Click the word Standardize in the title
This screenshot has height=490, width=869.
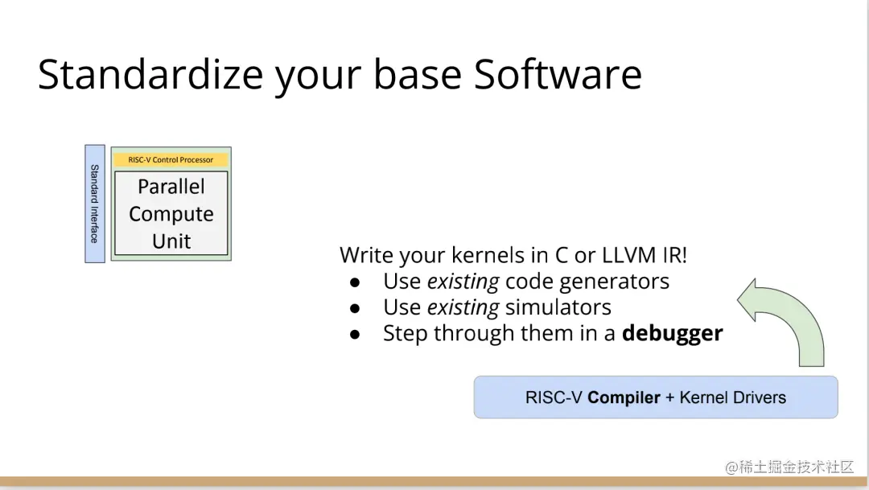(x=150, y=74)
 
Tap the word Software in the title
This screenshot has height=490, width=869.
(x=558, y=74)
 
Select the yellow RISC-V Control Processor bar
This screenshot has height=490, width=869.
(x=171, y=159)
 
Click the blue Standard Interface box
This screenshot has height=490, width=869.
(x=95, y=204)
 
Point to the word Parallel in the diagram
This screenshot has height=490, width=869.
(x=171, y=186)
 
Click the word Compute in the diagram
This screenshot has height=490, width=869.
(x=171, y=214)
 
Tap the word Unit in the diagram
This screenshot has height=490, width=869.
(x=171, y=241)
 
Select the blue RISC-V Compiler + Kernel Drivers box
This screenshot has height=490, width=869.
(x=656, y=397)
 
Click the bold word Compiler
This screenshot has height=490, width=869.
(x=624, y=397)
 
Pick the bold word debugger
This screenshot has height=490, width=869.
(x=672, y=333)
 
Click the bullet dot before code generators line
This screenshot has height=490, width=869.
(x=355, y=282)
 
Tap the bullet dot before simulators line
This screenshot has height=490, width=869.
(x=355, y=309)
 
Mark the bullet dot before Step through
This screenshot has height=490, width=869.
(x=355, y=335)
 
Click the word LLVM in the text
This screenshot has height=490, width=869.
(x=629, y=255)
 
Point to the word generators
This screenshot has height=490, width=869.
(x=614, y=282)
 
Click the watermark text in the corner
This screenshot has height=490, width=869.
(x=790, y=467)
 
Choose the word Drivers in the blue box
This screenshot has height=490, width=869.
(x=760, y=397)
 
